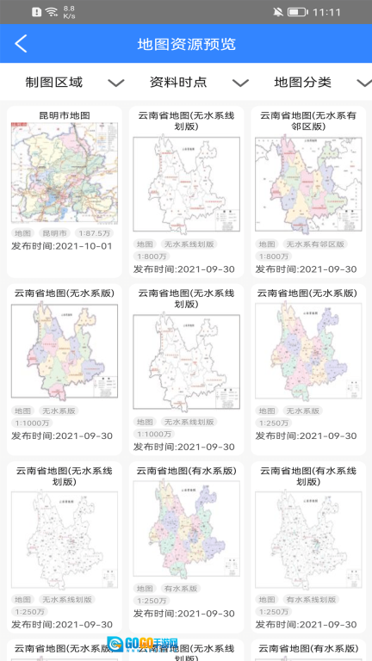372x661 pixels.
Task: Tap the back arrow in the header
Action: coord(22,44)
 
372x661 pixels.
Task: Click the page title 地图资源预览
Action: coord(186,44)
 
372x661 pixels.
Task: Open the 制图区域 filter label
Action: coord(54,83)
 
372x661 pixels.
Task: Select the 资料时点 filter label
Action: coord(178,83)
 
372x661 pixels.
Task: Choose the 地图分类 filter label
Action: coord(302,83)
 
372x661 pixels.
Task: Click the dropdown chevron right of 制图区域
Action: coord(116,83)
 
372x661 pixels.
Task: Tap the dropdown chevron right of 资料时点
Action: coord(240,83)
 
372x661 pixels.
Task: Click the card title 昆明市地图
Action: coord(65,115)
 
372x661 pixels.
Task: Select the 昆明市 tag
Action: coord(53,233)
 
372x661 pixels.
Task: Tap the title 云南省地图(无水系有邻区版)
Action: coord(307,120)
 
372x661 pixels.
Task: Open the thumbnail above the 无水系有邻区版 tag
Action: coord(307,185)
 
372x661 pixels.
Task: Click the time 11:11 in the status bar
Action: coord(327,12)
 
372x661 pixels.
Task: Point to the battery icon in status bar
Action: coord(297,12)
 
